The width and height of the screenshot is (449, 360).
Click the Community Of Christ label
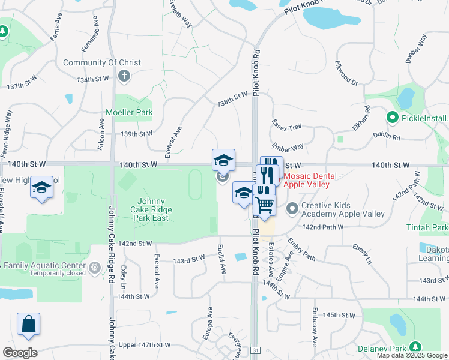tap(102, 62)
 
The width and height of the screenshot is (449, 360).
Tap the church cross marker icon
tap(124, 76)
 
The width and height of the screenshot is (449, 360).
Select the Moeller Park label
tap(128, 112)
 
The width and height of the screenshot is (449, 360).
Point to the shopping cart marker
tap(264, 205)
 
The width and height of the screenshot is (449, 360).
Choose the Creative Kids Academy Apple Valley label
tap(343, 209)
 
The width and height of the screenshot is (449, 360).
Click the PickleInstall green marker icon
tap(393, 118)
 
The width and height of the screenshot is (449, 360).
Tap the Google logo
tap(20, 353)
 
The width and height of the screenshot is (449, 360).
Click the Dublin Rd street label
tap(385, 136)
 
